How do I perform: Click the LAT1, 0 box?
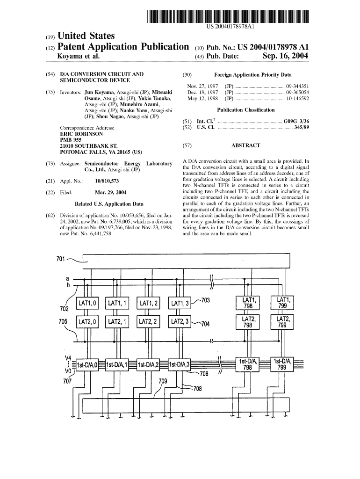[x=87, y=304]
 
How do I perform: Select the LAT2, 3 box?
[x=180, y=322]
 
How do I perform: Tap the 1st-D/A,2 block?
[x=149, y=365]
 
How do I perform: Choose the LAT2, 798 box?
[x=248, y=322]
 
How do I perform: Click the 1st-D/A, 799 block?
[x=282, y=364]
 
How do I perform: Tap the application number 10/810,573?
[x=107, y=181]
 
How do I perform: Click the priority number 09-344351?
[x=297, y=87]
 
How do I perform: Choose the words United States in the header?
[x=86, y=36]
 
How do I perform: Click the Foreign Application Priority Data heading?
[x=252, y=74]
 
